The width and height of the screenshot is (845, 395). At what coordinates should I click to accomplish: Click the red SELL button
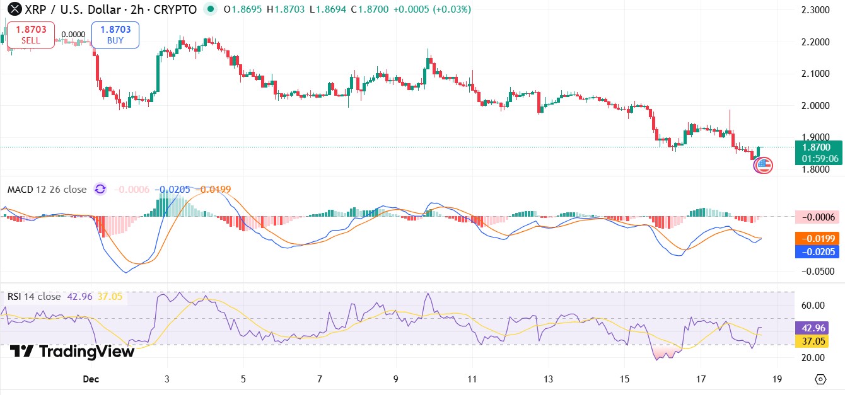30,35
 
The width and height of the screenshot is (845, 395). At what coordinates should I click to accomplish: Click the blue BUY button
115,35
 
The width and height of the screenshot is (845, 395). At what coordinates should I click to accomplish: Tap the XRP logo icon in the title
11,9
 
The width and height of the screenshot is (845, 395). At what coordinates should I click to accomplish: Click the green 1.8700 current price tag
819,152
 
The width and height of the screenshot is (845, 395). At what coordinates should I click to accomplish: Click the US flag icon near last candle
764,166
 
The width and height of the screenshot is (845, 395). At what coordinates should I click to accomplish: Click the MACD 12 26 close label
47,190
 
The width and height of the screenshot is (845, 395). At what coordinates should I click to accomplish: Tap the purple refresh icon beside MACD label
100,190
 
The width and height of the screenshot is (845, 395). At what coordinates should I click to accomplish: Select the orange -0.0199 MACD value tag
817,238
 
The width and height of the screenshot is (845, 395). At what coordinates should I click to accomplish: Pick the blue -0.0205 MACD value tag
817,252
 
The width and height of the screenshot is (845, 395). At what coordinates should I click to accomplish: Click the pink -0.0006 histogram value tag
817,217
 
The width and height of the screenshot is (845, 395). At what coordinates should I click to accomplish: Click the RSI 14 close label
34,296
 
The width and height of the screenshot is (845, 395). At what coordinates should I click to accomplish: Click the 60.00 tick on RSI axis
813,305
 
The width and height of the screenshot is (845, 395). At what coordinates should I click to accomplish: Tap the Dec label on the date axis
91,379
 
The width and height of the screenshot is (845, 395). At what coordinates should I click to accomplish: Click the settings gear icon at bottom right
820,379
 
